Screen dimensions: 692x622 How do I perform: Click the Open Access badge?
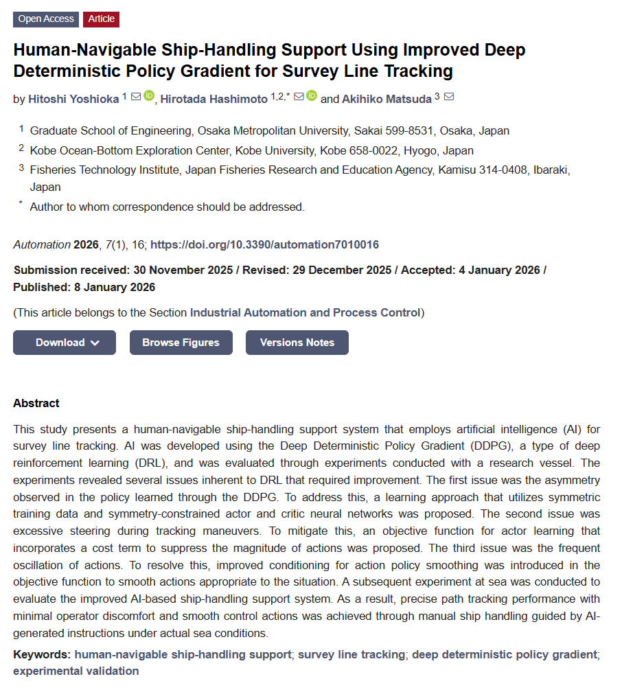point(45,19)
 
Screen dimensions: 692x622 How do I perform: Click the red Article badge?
point(101,19)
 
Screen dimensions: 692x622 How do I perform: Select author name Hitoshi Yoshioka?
point(73,100)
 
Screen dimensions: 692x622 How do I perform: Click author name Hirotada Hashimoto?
point(214,100)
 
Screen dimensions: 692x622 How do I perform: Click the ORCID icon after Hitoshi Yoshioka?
point(149,97)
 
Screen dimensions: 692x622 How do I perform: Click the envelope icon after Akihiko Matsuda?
point(449,97)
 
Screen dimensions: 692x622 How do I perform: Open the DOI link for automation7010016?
point(264,245)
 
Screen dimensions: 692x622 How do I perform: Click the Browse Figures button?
point(181,343)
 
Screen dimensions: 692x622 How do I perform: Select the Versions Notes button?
point(297,343)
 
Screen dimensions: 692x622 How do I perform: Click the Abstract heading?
point(36,404)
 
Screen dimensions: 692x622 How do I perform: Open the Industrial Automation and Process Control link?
point(306,313)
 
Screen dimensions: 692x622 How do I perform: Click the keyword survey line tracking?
point(351,655)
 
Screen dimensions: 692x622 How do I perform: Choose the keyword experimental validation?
point(76,671)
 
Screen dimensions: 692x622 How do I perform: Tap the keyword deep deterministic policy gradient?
point(504,655)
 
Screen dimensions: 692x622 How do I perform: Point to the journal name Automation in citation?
point(42,245)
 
